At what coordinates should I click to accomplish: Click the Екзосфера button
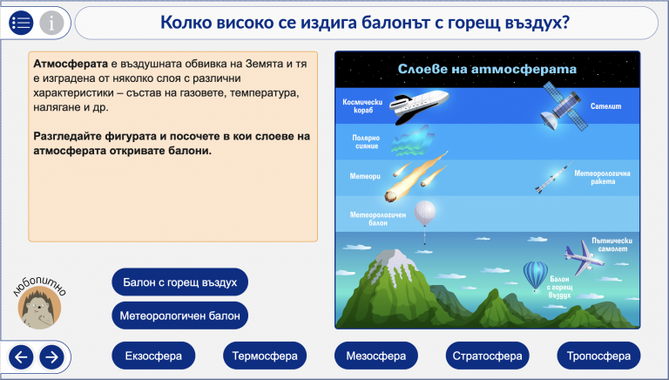153,356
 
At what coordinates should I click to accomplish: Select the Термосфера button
265,356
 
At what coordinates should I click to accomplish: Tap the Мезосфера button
376,356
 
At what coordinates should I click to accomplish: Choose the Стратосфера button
487,356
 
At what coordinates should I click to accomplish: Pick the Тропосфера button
598,356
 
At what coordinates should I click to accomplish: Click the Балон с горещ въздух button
179,282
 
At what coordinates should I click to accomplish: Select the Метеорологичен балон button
179,316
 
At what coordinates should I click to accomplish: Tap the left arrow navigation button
21,357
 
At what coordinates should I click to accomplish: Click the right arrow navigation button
51,357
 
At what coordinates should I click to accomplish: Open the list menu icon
21,22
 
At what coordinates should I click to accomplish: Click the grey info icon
51,22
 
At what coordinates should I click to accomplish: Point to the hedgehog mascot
39,307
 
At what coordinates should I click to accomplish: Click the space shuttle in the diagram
418,105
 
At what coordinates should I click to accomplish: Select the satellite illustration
563,106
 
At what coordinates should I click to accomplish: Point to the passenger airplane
584,257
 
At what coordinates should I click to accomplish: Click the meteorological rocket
554,177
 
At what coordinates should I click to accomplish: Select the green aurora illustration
413,141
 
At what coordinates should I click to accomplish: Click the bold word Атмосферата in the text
71,64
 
